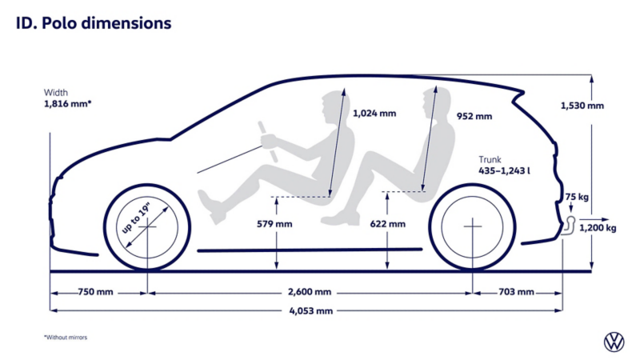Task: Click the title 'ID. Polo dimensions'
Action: tap(94, 23)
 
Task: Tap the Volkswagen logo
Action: tap(613, 342)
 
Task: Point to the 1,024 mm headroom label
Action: tap(374, 114)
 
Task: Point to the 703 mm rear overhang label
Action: tap(516, 292)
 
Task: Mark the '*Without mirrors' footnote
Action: tap(66, 337)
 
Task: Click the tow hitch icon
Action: tap(570, 223)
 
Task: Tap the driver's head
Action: tap(330, 106)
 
